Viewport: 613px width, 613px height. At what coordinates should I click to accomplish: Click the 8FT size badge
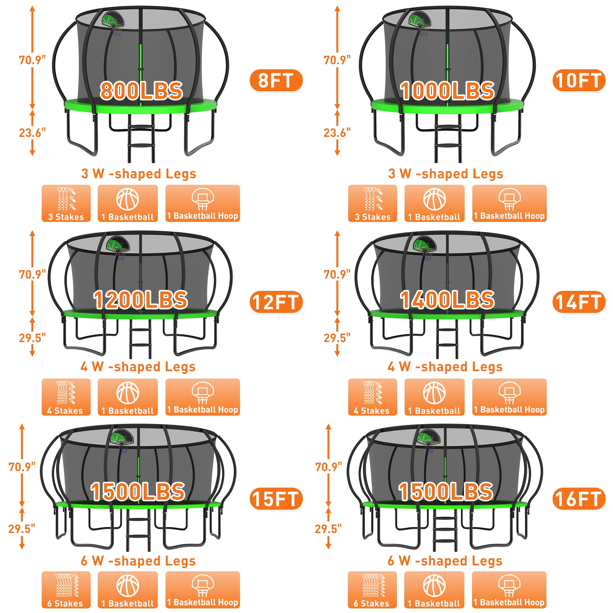click(276, 81)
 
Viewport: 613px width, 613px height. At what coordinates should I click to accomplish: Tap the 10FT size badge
click(579, 81)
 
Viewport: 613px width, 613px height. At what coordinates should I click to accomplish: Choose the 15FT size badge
click(276, 498)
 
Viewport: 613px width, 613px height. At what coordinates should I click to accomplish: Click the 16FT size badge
click(579, 498)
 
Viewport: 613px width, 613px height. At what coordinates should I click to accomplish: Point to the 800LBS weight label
click(141, 91)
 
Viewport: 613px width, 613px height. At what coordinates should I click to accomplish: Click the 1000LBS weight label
click(447, 91)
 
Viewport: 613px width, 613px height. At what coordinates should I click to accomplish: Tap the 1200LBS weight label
click(140, 299)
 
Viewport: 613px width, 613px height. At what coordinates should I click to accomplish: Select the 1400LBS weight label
click(447, 299)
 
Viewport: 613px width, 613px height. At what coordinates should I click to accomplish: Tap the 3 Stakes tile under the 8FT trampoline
click(66, 203)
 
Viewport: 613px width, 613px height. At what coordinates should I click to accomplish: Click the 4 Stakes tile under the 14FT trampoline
click(372, 397)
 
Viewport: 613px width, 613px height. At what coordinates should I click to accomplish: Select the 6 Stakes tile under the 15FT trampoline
click(66, 590)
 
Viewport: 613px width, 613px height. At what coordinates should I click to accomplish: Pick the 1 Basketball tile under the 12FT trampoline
click(128, 397)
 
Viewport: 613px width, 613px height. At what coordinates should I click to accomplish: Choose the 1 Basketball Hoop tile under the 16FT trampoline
click(509, 590)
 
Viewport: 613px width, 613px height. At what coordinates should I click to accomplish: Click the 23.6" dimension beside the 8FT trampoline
click(32, 133)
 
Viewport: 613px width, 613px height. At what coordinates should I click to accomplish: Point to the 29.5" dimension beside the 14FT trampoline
click(337, 338)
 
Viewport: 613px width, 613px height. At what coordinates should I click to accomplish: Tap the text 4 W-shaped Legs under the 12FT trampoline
click(138, 367)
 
